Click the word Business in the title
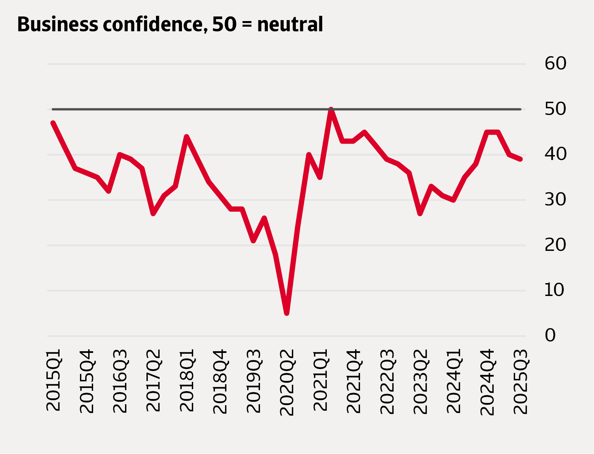coord(58,24)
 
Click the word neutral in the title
coord(290,24)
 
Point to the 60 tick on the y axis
coord(555,63)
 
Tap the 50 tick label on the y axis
coord(555,109)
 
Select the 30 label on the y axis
coord(555,200)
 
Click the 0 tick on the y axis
coord(550,335)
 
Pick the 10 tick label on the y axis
coord(554,290)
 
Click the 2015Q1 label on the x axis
coord(54,380)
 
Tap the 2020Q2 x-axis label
coord(287,382)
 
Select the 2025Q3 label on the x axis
coord(521,382)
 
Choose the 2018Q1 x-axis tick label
coord(187,380)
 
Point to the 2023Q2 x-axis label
coord(420,382)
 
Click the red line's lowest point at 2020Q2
coord(287,313)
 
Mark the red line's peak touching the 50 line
coord(331,109)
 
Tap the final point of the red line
coord(520,159)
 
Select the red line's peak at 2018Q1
coord(187,137)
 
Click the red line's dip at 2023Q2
coord(420,213)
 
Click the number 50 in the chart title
coord(224,24)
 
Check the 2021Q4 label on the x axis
coord(354,381)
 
